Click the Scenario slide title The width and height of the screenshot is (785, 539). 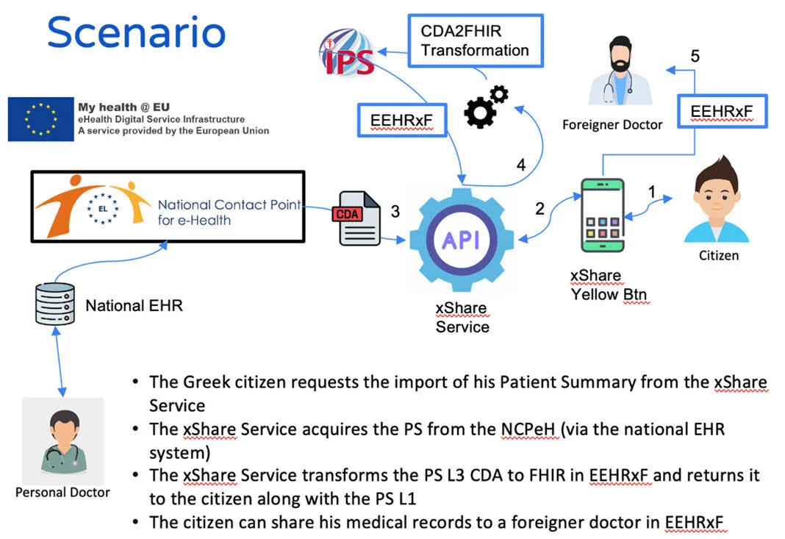[x=136, y=33]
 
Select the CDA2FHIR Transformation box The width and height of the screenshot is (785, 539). [x=474, y=41]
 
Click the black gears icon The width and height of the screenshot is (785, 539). [x=486, y=107]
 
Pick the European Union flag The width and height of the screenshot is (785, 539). [x=40, y=118]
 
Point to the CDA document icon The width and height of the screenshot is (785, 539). [x=358, y=218]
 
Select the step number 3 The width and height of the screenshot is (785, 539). [x=395, y=212]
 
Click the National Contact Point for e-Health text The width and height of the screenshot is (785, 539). [x=229, y=212]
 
